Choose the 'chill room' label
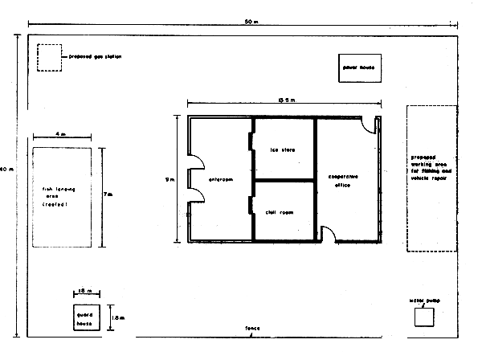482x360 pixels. (x=281, y=212)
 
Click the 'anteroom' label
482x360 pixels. (x=220, y=179)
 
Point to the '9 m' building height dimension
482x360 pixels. (x=165, y=180)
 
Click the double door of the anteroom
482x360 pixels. (x=193, y=180)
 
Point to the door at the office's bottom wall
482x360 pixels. (x=329, y=234)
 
